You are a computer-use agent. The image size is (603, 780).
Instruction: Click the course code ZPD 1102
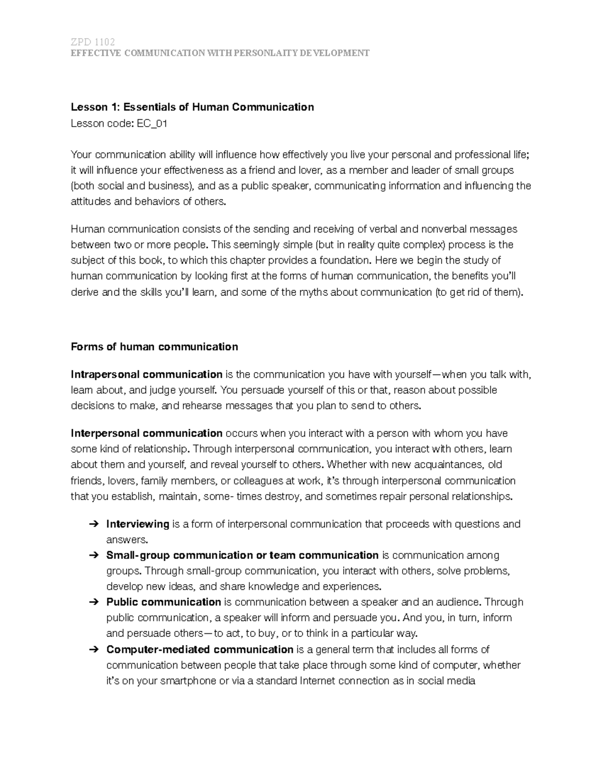coord(93,42)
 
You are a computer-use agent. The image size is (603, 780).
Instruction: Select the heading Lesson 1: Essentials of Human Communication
coord(192,107)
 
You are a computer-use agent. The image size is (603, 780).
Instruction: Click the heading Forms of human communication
coord(154,347)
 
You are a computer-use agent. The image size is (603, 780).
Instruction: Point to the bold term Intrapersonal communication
coord(146,374)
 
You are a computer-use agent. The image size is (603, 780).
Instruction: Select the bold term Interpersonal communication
coord(146,433)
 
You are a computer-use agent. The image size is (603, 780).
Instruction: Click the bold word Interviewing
coord(138,524)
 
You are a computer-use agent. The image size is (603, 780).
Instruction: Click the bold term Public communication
coord(163,602)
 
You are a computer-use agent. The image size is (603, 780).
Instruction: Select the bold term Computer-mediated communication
coord(199,649)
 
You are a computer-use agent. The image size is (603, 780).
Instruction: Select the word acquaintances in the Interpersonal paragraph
coord(447,465)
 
